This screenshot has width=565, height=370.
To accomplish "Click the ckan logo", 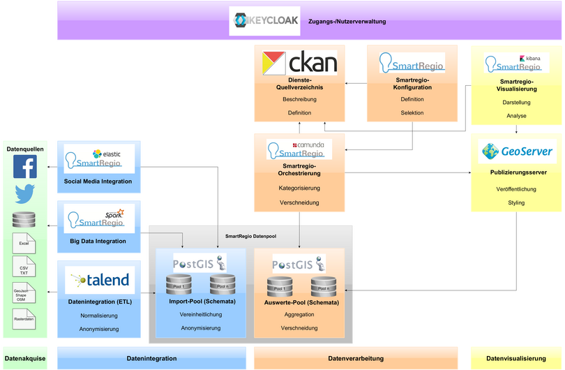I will coord(299,64).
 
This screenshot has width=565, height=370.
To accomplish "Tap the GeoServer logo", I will coord(517,151).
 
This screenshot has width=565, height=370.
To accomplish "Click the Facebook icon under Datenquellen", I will coord(25,168).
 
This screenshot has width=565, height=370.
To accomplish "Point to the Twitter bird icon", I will coord(25,195).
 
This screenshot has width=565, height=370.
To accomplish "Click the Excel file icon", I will coord(24,242).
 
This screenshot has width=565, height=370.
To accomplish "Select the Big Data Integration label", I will coord(98,241).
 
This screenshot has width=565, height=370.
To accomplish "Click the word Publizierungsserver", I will coord(516,172).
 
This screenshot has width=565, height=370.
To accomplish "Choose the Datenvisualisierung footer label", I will coord(516,358).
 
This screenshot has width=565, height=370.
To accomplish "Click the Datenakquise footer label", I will coord(26,358).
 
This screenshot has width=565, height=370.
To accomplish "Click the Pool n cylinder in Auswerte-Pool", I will coord(324,286).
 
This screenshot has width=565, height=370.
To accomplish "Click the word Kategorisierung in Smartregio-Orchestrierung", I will coord(299,188).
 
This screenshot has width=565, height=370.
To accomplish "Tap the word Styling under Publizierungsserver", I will coord(516,203).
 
